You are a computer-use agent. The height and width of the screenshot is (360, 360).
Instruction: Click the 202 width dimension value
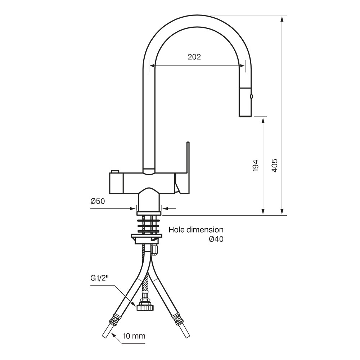(x=194, y=57)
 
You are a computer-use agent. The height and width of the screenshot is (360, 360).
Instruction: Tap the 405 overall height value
(x=274, y=165)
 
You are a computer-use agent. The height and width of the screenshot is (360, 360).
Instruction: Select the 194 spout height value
(x=255, y=165)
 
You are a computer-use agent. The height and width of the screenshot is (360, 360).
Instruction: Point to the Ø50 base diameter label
(x=98, y=201)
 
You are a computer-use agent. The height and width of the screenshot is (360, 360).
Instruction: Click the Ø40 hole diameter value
(x=216, y=239)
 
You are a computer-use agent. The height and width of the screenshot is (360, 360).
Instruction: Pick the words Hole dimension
(x=196, y=230)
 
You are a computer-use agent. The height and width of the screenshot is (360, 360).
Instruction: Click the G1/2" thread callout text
(x=99, y=278)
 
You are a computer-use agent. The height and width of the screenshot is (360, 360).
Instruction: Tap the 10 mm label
(x=134, y=336)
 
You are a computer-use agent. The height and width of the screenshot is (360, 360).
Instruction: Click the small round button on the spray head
(x=252, y=96)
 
